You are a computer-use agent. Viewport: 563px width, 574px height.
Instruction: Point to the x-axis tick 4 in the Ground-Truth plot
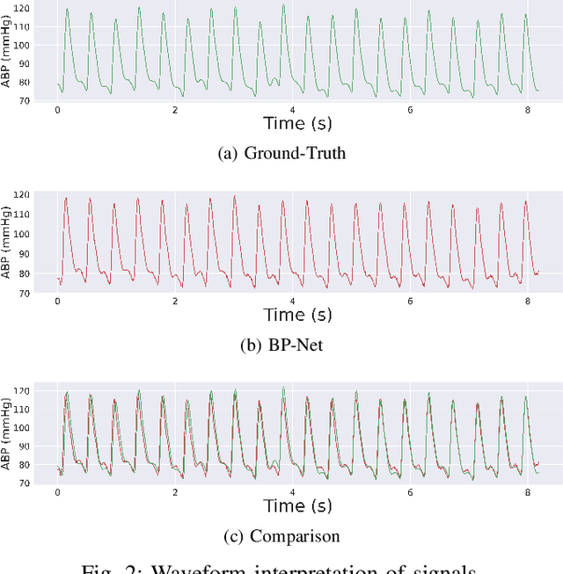pos(292,110)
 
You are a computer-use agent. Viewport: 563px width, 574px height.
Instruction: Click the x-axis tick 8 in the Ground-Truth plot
pos(526,110)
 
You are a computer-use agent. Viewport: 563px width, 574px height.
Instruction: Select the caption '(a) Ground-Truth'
pos(281,153)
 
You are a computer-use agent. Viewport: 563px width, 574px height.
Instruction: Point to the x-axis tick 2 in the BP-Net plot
pos(175,302)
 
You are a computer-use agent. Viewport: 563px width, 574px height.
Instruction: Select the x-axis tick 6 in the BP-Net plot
pos(409,302)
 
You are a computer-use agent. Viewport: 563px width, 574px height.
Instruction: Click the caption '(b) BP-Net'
pos(281,345)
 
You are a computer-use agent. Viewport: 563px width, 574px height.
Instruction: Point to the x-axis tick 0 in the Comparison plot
pos(58,493)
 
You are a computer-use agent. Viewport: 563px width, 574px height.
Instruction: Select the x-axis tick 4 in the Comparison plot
pos(292,493)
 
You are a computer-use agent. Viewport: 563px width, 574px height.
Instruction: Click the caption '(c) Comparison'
pos(281,535)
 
